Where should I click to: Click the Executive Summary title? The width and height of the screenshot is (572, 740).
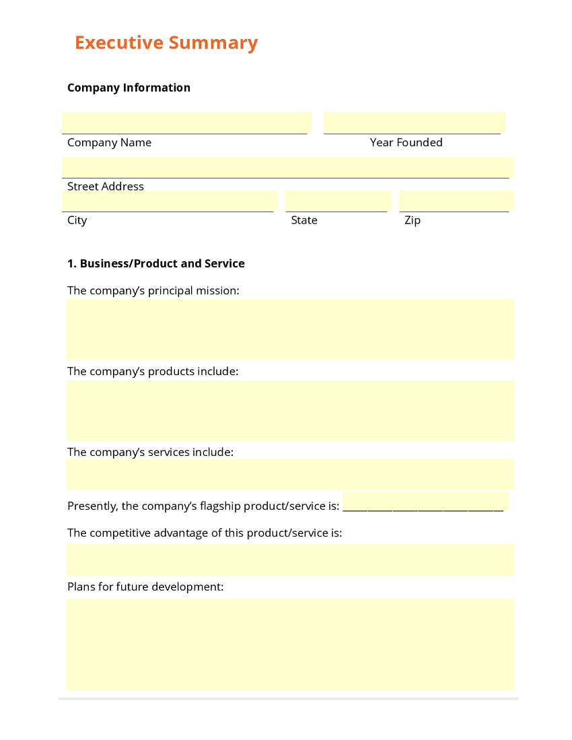tap(166, 42)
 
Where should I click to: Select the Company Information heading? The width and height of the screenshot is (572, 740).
tap(129, 88)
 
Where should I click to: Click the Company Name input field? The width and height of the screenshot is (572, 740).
tap(186, 123)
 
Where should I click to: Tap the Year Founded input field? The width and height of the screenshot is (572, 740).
tap(414, 123)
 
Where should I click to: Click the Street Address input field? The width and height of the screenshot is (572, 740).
tap(287, 167)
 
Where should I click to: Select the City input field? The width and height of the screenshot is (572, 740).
tap(170, 201)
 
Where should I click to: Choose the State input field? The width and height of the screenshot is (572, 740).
tap(338, 201)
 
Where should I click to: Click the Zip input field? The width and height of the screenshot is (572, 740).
tap(456, 201)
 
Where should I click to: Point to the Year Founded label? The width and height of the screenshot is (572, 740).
tap(406, 143)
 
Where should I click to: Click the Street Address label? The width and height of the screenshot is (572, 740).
tap(106, 187)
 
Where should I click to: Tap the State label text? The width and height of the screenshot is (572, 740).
tap(304, 220)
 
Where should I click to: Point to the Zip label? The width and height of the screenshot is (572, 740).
tap(412, 220)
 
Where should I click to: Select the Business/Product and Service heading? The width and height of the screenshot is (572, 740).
tap(155, 263)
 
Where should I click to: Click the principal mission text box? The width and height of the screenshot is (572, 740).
tap(290, 329)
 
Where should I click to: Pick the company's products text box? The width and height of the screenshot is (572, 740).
tap(290, 410)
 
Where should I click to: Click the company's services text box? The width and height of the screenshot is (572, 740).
tap(290, 474)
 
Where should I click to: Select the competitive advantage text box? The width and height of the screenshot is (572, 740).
tap(290, 560)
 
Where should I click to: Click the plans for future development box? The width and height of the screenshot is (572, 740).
tap(290, 644)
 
